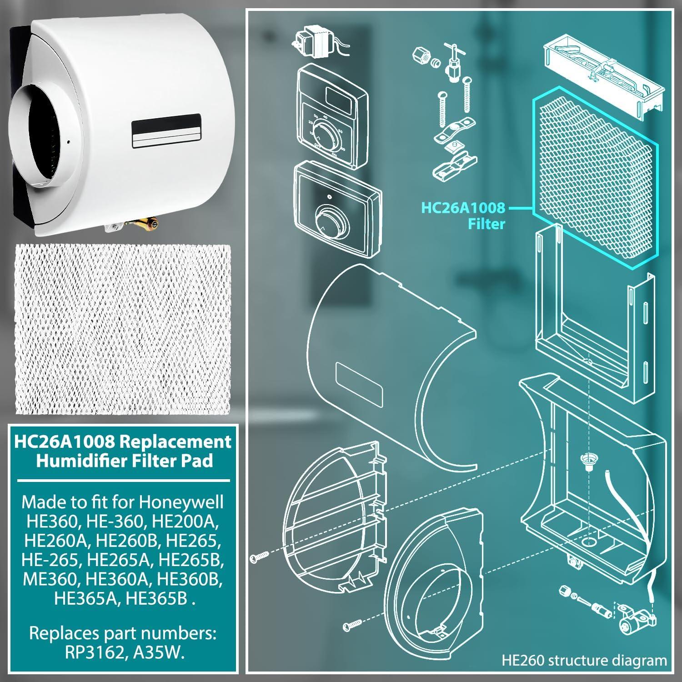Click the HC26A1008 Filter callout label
pos(463,216)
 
